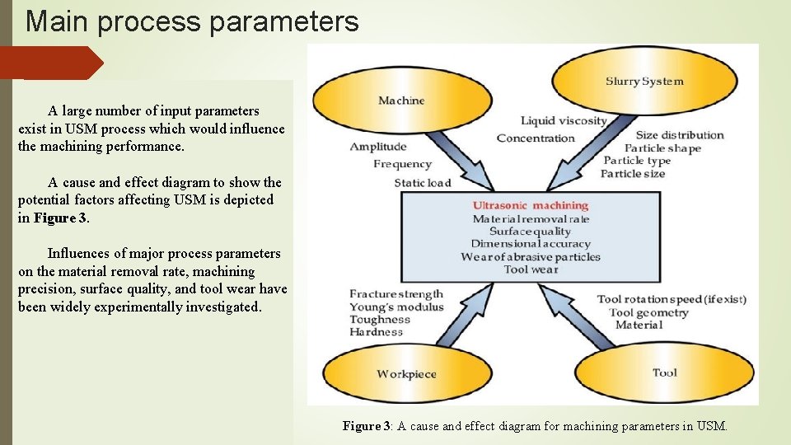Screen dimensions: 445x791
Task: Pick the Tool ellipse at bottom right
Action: tap(664, 372)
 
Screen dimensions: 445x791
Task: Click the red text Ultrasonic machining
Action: tap(530, 205)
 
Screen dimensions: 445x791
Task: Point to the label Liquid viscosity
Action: tap(563, 121)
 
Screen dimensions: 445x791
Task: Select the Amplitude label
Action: tap(378, 147)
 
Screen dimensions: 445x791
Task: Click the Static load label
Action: tap(422, 183)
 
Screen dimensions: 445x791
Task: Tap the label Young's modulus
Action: tap(396, 307)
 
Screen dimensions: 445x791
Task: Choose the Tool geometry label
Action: tap(648, 312)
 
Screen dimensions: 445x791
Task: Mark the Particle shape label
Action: tap(662, 148)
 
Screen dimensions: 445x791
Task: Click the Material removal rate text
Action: tap(531, 218)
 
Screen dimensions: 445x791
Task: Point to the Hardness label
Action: tap(376, 332)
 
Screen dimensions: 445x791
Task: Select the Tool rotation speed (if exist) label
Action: tap(672, 299)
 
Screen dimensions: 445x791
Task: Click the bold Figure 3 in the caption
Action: tap(366, 426)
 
